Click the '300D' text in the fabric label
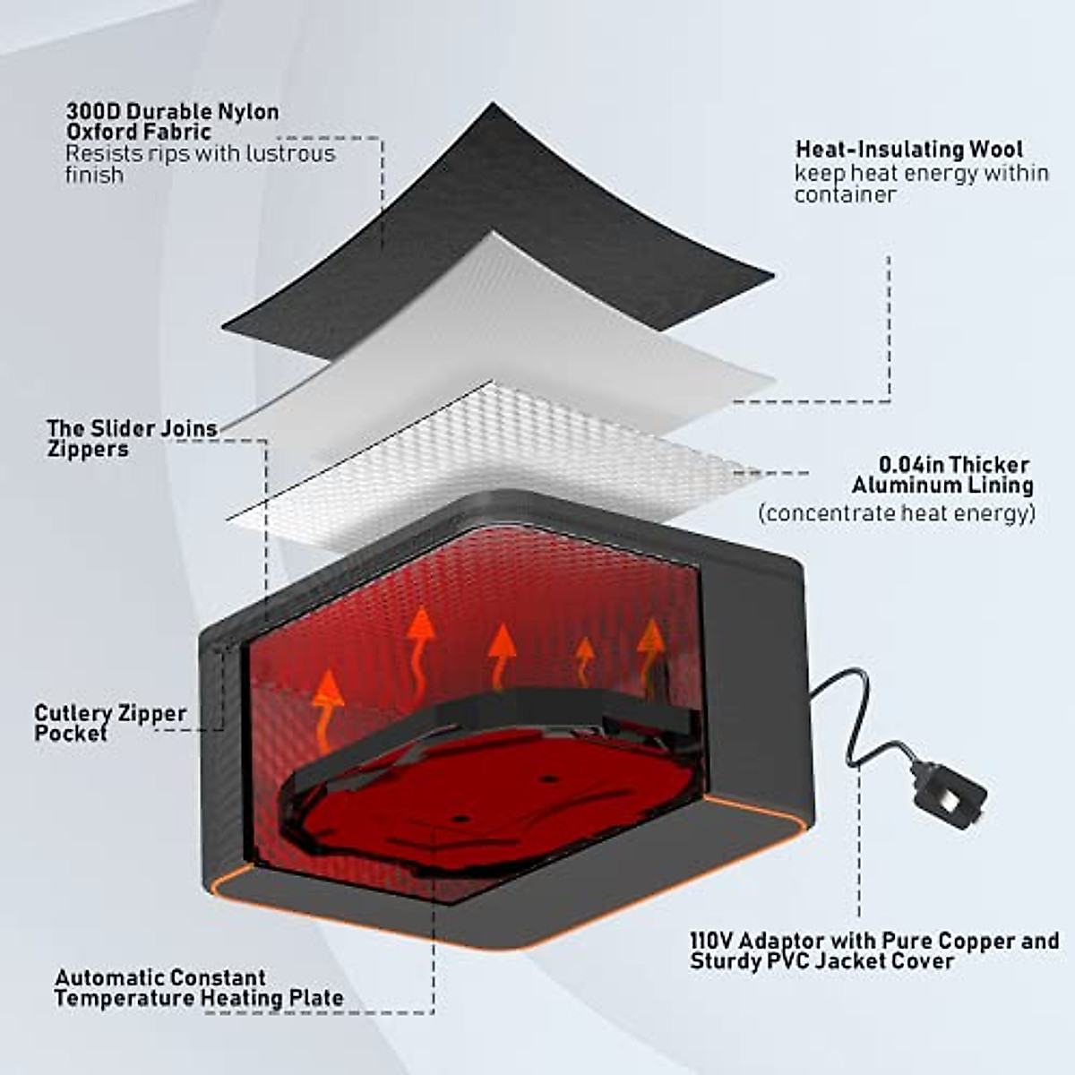click(93, 112)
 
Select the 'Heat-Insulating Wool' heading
click(908, 149)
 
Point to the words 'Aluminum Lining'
click(942, 486)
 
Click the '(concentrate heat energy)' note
click(896, 513)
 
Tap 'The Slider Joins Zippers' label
click(132, 438)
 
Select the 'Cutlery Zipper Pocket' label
click(109, 723)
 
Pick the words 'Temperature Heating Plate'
click(198, 997)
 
